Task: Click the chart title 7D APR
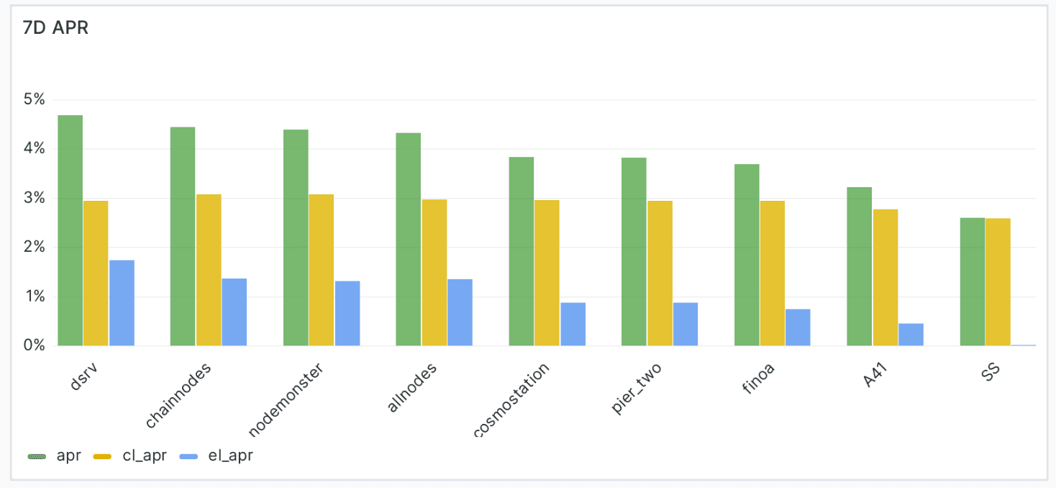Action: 55,29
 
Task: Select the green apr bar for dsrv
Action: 70,230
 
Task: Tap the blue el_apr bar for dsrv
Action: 122,303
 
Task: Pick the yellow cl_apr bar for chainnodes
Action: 209,270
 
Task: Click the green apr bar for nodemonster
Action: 296,238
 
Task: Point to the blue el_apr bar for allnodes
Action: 460,312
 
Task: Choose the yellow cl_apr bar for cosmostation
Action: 547,273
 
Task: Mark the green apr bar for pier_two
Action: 634,251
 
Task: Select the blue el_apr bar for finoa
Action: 798,327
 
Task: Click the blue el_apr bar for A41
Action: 911,335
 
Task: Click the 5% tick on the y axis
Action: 35,99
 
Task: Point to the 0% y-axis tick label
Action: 35,345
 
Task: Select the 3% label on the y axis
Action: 35,198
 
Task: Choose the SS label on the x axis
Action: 991,374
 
